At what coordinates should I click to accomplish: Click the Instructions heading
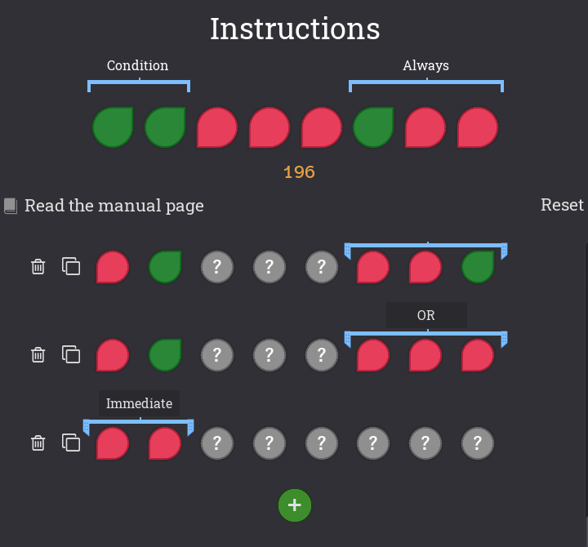click(x=295, y=29)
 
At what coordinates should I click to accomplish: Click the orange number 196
click(x=299, y=172)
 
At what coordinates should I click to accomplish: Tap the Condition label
click(x=137, y=65)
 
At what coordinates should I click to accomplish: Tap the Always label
click(x=425, y=65)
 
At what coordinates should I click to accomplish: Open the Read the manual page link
click(x=114, y=206)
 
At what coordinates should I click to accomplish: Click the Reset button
click(x=562, y=205)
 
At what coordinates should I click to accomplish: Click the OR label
click(x=426, y=315)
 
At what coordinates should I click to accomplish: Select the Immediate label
click(x=139, y=403)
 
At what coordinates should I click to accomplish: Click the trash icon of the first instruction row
click(x=38, y=266)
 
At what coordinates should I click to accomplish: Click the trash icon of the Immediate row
click(x=38, y=442)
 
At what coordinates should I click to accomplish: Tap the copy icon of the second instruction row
click(x=71, y=354)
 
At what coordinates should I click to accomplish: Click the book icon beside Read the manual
click(x=11, y=206)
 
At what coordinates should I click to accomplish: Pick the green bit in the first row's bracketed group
click(x=478, y=267)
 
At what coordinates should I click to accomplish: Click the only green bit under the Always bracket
click(x=373, y=128)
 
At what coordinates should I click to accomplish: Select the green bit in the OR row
click(x=165, y=355)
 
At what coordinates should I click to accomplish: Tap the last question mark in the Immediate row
click(x=478, y=443)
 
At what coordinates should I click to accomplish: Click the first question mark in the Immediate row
click(x=217, y=443)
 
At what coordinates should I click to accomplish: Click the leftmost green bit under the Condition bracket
click(x=113, y=128)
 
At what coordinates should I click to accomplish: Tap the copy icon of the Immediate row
click(x=71, y=442)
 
